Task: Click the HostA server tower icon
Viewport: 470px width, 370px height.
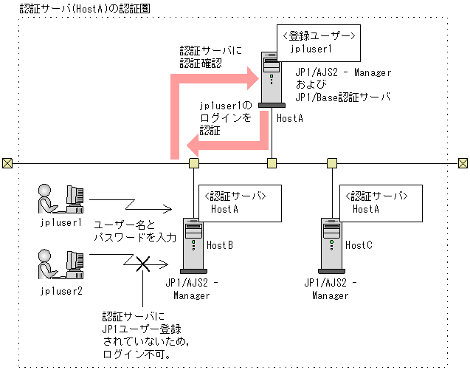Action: [x=272, y=81]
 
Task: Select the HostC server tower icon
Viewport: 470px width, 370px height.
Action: [x=329, y=244]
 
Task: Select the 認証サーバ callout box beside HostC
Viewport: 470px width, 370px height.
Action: [x=373, y=202]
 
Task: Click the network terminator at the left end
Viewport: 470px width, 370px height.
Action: [x=7, y=162]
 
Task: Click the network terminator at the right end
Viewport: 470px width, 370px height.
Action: [x=463, y=162]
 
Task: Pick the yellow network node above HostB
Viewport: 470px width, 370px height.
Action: [x=194, y=162]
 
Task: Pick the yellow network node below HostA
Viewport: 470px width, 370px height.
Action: [x=272, y=162]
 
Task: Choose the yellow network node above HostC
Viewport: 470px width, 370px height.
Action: [x=331, y=162]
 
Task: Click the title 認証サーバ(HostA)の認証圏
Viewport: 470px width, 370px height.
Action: [x=75, y=7]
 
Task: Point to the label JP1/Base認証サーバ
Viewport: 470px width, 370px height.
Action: [x=342, y=97]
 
